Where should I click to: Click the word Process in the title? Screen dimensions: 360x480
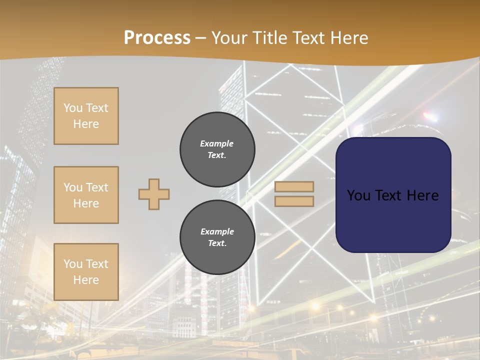tap(157, 38)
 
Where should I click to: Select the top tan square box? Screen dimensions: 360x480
tap(86, 116)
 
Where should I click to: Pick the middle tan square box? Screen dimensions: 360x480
tap(86, 195)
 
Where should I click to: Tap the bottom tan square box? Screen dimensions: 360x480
tap(86, 272)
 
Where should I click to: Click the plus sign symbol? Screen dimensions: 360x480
tap(154, 194)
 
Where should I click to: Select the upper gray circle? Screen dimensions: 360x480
tap(217, 149)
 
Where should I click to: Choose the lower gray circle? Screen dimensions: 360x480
tap(217, 237)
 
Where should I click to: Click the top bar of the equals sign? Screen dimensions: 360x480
tap(294, 186)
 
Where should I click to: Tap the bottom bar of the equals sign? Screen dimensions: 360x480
tap(294, 201)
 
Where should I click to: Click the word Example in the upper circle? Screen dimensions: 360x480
tap(217, 143)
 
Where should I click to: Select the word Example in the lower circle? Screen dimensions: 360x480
tap(217, 231)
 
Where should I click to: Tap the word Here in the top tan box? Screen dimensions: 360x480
tap(86, 124)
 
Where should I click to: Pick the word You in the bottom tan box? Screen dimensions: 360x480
tap(73, 264)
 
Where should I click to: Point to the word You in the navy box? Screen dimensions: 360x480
tap(358, 195)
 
